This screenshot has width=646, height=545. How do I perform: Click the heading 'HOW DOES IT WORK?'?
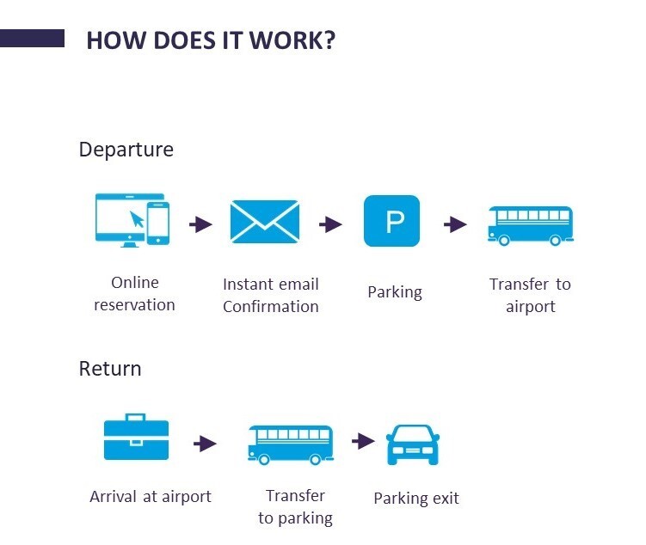(x=211, y=40)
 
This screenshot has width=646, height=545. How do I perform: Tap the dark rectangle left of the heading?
(x=32, y=39)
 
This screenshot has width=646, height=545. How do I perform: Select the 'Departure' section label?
(x=126, y=150)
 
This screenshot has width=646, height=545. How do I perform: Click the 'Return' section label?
(x=110, y=369)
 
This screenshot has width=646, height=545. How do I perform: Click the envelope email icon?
(x=264, y=222)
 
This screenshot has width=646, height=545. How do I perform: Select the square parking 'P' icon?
(x=392, y=222)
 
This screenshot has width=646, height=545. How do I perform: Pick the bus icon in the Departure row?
(x=530, y=225)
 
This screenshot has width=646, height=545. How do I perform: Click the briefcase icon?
(x=136, y=438)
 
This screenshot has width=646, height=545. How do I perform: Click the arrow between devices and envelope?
(x=201, y=224)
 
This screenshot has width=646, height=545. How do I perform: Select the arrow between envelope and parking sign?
(x=330, y=224)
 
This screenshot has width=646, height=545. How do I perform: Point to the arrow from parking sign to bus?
(x=455, y=224)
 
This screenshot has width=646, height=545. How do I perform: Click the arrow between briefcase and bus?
(x=205, y=444)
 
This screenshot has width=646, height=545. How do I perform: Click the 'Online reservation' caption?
(x=134, y=293)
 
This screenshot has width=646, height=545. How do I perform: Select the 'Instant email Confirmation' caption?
(x=270, y=295)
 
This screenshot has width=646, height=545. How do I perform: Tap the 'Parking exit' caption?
(x=416, y=499)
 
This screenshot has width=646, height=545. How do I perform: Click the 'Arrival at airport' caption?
(x=151, y=496)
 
